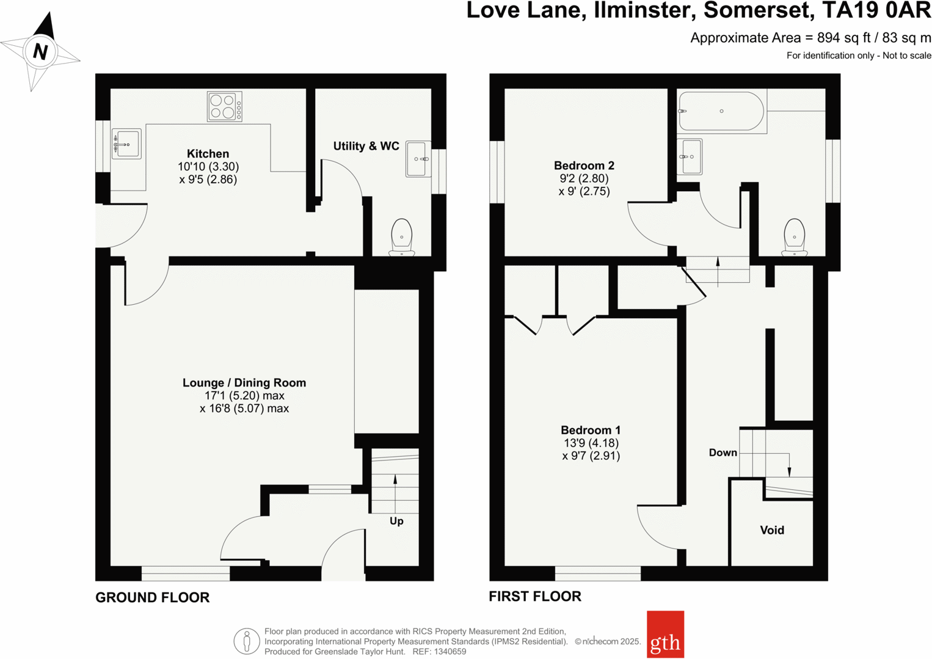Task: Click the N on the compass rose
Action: pyautogui.click(x=40, y=51)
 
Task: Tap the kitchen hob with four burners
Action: pyautogui.click(x=224, y=106)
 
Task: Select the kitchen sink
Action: pyautogui.click(x=126, y=144)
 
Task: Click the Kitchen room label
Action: pyautogui.click(x=208, y=154)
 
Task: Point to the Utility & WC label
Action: pyautogui.click(x=366, y=146)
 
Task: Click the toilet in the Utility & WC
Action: pyautogui.click(x=401, y=237)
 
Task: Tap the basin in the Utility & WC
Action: pyautogui.click(x=418, y=159)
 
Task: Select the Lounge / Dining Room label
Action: pyautogui.click(x=244, y=383)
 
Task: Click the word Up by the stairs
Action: pyautogui.click(x=396, y=521)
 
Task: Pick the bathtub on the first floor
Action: pyautogui.click(x=721, y=111)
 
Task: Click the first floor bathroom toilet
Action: pyautogui.click(x=794, y=237)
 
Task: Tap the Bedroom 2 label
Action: pyautogui.click(x=584, y=166)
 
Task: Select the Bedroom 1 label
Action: pyautogui.click(x=591, y=430)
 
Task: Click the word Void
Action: pyautogui.click(x=772, y=530)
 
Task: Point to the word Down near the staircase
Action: pyautogui.click(x=723, y=453)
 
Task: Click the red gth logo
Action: pyautogui.click(x=665, y=635)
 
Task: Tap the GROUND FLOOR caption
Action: pyautogui.click(x=152, y=597)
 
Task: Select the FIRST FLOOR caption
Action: pyautogui.click(x=535, y=597)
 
